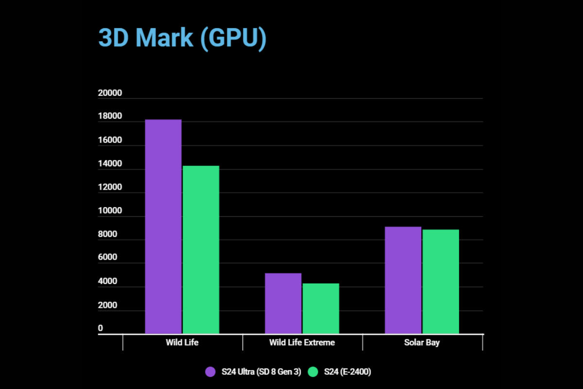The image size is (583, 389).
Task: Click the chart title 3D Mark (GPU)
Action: (182, 37)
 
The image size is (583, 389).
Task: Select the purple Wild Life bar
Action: (163, 227)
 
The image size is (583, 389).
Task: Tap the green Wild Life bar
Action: (201, 250)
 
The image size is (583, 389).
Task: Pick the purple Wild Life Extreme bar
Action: (283, 303)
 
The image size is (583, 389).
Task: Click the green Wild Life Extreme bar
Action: (321, 309)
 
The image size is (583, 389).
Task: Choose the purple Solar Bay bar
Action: (403, 280)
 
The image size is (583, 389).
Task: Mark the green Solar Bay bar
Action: (441, 282)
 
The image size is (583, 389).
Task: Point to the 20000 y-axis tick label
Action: (110, 93)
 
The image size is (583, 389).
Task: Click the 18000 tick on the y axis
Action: (110, 117)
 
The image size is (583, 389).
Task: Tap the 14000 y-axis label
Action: (110, 164)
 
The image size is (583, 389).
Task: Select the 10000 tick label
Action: (110, 211)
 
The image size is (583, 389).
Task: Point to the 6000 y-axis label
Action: (107, 258)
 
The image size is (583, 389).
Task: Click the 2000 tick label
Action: (107, 305)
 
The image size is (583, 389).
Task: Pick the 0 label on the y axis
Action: (101, 329)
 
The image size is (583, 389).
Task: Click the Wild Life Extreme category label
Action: (302, 343)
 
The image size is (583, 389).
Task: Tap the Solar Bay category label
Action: (422, 343)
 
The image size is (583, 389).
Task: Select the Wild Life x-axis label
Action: (182, 343)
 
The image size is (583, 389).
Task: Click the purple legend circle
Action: (210, 372)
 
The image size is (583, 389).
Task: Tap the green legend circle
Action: (313, 372)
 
